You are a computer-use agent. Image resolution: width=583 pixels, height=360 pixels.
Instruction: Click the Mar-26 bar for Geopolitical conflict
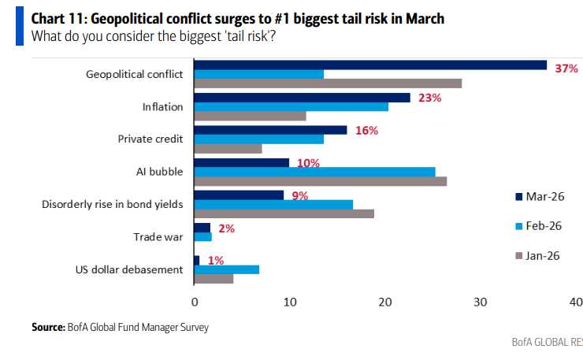click(370, 65)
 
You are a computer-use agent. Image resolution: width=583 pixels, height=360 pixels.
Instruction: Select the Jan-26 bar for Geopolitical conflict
click(328, 84)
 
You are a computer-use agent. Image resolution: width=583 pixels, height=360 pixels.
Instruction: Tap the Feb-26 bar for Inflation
click(291, 106)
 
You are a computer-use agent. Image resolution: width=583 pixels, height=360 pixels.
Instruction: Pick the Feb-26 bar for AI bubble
click(315, 172)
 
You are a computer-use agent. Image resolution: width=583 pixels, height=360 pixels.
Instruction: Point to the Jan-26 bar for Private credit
click(228, 148)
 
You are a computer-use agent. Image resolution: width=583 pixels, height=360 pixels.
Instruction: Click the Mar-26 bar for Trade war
click(202, 228)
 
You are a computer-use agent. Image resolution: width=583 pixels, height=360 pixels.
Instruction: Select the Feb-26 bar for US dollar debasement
click(227, 269)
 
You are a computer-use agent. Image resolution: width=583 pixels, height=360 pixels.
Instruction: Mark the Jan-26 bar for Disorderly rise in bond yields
click(284, 213)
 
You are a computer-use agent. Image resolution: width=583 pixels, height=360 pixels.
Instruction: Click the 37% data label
click(566, 69)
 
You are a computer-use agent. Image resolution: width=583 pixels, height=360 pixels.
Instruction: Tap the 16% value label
click(367, 130)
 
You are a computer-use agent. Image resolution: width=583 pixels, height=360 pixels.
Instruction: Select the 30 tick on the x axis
click(481, 302)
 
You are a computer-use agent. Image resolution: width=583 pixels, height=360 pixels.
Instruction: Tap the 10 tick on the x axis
click(290, 302)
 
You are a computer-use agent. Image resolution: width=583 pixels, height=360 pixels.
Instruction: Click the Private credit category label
click(150, 139)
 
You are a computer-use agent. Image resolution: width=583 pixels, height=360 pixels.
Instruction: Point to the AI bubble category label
click(161, 172)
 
